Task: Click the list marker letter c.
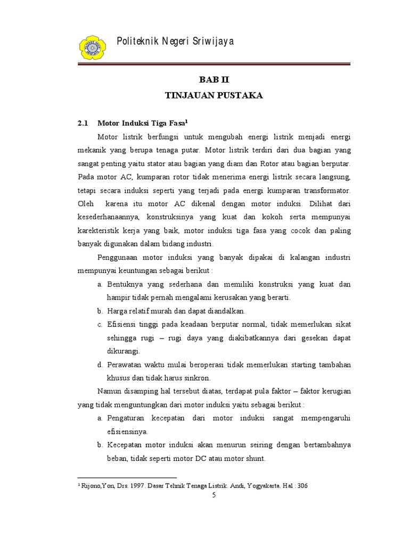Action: (100, 325)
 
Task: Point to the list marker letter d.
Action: (100, 365)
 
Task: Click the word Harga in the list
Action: (117, 311)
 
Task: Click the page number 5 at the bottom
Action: (214, 497)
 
